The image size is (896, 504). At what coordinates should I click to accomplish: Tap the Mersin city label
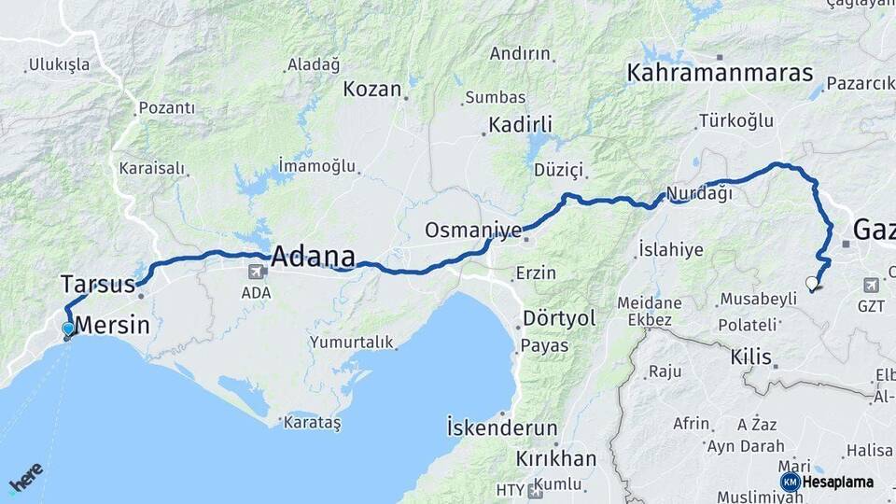pyautogui.click(x=113, y=326)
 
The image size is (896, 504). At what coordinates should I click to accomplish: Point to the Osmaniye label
pyautogui.click(x=473, y=230)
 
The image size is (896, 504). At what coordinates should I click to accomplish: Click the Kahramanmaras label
pyautogui.click(x=720, y=73)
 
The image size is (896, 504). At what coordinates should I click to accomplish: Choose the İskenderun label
pyautogui.click(x=502, y=428)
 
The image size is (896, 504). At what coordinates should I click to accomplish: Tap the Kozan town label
pyautogui.click(x=372, y=90)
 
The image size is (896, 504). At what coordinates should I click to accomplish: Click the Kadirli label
pyautogui.click(x=521, y=124)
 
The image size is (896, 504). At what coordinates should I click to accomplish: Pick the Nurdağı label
pyautogui.click(x=698, y=193)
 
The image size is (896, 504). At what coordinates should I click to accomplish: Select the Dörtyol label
pyautogui.click(x=559, y=318)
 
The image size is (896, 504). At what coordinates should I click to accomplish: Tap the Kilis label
pyautogui.click(x=751, y=357)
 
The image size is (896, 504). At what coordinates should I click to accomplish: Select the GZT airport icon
pyautogui.click(x=872, y=284)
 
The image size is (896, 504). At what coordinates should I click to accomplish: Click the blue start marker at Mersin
pyautogui.click(x=67, y=329)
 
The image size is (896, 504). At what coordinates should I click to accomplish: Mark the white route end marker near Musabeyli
pyautogui.click(x=811, y=283)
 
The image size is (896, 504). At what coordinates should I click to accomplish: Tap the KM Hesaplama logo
pyautogui.click(x=828, y=482)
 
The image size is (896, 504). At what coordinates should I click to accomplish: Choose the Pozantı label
pyautogui.click(x=167, y=108)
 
